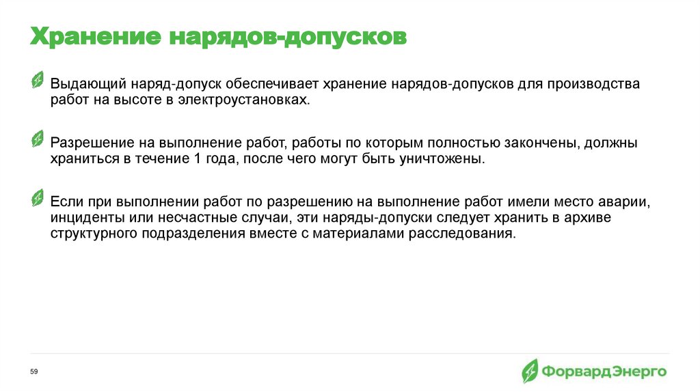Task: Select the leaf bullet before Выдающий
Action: click(x=38, y=81)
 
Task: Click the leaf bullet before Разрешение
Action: click(x=38, y=139)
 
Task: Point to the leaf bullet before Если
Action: click(x=38, y=197)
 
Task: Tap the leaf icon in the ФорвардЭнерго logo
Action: click(x=530, y=372)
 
